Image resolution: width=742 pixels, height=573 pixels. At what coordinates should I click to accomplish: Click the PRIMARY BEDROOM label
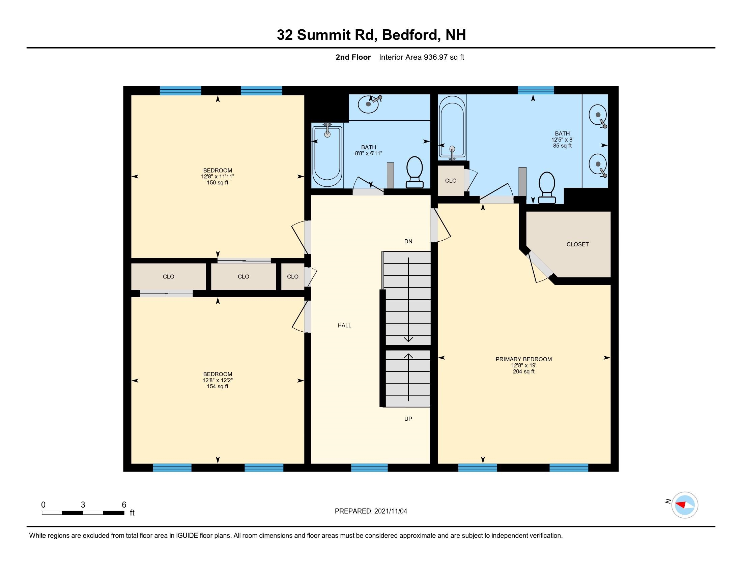tap(523, 359)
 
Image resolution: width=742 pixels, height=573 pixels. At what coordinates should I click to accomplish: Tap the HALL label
tap(344, 325)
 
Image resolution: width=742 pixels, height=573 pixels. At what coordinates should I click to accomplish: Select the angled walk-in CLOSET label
tap(577, 244)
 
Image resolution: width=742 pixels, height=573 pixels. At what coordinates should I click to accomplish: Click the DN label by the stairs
tap(408, 241)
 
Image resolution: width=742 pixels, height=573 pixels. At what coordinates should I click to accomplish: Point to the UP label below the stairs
tap(408, 419)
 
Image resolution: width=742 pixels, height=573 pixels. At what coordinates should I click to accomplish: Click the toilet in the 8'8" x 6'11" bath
tap(415, 172)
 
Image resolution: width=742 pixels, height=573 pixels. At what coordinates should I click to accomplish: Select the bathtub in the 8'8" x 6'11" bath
tap(327, 156)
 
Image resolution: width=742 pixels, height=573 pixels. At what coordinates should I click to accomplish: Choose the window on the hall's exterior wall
tap(369, 468)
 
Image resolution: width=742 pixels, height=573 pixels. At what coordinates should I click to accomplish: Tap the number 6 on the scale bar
tap(124, 505)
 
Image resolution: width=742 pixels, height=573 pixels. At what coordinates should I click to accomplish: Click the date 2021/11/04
tap(390, 511)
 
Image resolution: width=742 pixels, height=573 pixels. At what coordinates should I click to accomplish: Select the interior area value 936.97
tap(435, 57)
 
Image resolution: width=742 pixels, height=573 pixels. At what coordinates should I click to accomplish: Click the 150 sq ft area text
tap(218, 183)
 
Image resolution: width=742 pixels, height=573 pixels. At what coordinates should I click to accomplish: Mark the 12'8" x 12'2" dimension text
tap(218, 381)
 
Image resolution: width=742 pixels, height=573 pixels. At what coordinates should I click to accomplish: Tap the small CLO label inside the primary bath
tap(451, 181)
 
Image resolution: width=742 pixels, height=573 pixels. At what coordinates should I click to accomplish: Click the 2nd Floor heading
tap(353, 57)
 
